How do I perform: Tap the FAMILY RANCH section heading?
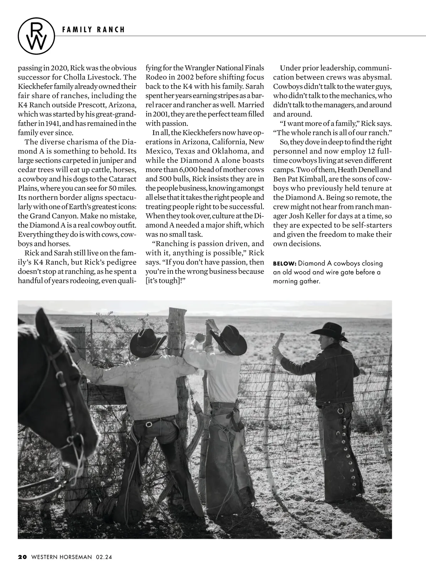click(93, 30)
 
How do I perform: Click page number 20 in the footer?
click(22, 557)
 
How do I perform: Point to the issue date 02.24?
click(103, 557)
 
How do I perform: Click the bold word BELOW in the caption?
click(284, 264)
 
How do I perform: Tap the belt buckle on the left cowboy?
click(149, 424)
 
